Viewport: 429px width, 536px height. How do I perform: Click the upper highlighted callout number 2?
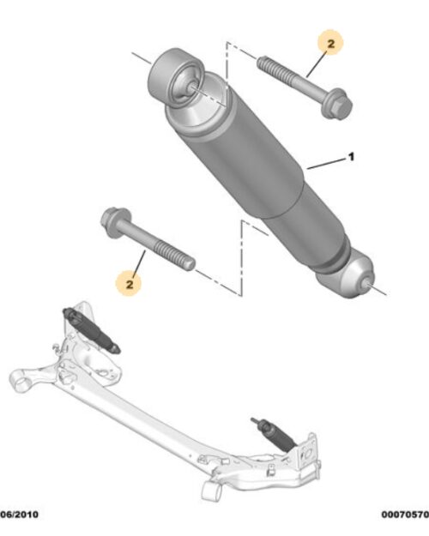click(329, 40)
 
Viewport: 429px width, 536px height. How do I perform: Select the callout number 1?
click(350, 158)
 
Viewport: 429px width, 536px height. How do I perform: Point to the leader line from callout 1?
click(326, 163)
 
